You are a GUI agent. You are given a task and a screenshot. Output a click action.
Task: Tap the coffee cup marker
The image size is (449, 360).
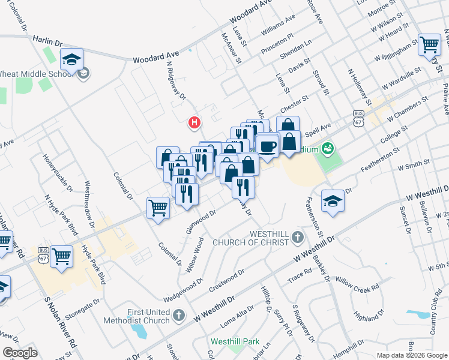point(267,146)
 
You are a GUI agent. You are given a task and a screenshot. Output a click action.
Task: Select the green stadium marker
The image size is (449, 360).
point(328,147)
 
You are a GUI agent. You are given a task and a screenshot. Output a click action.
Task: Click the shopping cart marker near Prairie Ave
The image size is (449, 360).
point(429,44)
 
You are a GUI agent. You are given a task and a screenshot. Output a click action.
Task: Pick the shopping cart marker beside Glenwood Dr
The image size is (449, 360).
point(158,208)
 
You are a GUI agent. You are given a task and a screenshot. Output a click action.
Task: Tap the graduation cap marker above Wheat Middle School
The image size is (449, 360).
point(71,59)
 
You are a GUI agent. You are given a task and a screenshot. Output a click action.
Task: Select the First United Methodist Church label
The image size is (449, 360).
point(148,316)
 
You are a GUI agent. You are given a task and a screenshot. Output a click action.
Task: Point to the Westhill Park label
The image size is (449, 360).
point(235,342)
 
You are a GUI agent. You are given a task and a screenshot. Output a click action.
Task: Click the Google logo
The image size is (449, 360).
point(20,353)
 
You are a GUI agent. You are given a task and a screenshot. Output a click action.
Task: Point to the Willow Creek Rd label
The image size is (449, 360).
point(357,284)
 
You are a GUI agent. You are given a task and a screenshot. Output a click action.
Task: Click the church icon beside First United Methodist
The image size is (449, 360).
point(178,315)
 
